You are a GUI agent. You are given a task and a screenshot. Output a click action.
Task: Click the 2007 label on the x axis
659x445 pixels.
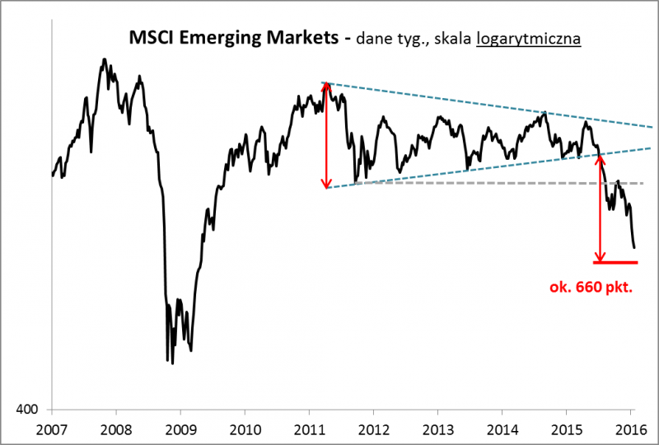point(52,428)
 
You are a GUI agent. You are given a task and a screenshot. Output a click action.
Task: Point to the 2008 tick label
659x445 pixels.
point(116,428)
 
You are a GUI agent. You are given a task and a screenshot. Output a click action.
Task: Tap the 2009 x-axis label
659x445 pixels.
point(180,428)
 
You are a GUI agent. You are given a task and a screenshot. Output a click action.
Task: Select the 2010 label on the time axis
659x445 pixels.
point(245,428)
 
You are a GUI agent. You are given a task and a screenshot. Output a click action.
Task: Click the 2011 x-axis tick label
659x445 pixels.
point(309,428)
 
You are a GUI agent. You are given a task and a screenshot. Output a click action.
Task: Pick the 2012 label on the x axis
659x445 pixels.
point(373,428)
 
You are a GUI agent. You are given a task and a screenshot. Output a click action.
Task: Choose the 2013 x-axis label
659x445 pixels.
point(437,428)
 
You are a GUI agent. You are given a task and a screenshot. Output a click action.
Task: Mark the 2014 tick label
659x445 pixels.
point(502,428)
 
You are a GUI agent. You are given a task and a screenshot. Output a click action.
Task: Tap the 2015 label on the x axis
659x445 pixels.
point(566,428)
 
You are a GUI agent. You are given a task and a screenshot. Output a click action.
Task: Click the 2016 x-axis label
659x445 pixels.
point(630,428)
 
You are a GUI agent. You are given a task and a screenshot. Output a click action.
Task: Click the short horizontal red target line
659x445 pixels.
point(615,262)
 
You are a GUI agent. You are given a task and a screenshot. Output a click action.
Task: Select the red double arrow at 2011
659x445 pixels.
point(326,136)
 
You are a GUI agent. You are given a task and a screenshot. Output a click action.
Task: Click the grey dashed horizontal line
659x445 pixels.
point(494,183)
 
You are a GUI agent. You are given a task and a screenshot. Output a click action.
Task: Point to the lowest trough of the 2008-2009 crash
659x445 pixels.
point(172,363)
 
